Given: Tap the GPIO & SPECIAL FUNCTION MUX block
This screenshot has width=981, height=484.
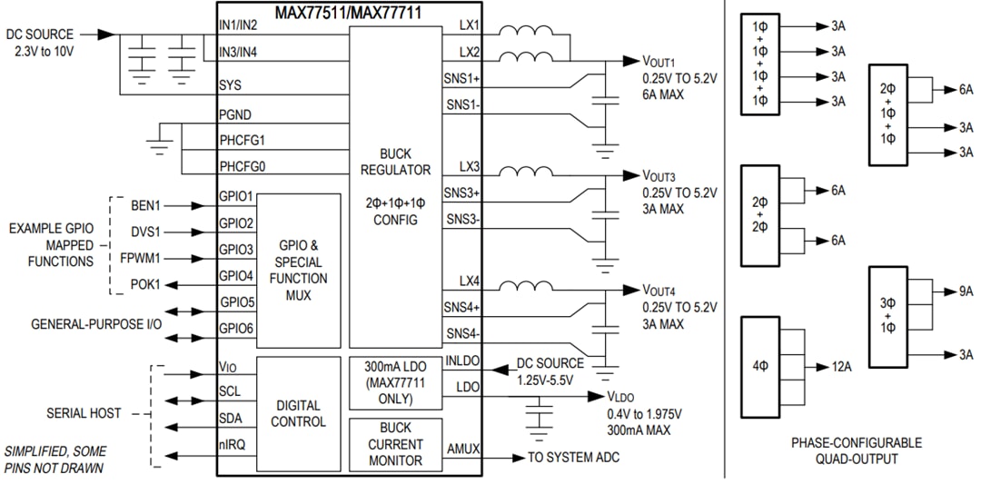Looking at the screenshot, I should click(x=299, y=270).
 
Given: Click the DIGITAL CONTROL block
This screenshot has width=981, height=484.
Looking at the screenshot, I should click(x=299, y=413).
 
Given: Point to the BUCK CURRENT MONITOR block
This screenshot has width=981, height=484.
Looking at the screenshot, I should click(x=395, y=444).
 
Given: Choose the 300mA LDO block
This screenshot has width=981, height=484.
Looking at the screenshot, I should click(x=395, y=382).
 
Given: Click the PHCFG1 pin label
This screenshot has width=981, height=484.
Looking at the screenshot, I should click(x=248, y=141).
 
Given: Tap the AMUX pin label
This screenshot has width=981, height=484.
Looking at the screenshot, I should click(x=464, y=449).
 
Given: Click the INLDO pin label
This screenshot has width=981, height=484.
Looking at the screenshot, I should click(x=463, y=361).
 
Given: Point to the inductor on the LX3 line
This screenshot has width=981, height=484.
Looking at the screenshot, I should click(x=532, y=172).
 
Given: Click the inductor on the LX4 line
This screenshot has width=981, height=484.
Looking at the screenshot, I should click(x=532, y=288).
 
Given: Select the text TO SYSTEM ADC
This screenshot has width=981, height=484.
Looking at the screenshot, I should click(x=573, y=458).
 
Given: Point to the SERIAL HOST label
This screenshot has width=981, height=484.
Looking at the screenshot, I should click(x=84, y=413).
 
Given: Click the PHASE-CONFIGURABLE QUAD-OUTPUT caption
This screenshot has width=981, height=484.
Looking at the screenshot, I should click(x=856, y=450).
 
